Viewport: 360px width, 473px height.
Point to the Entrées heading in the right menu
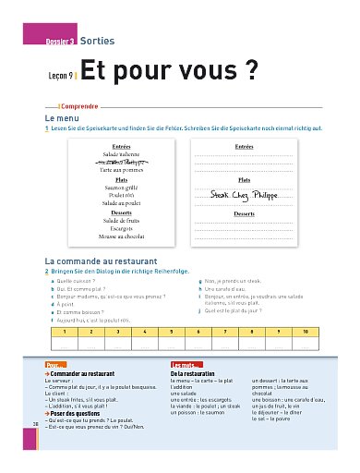point(245,147)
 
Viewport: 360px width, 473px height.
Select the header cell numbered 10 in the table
point(305,330)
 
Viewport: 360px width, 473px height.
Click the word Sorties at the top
point(97,42)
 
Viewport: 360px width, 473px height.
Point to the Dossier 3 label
point(61,42)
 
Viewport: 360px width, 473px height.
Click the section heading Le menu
point(61,119)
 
